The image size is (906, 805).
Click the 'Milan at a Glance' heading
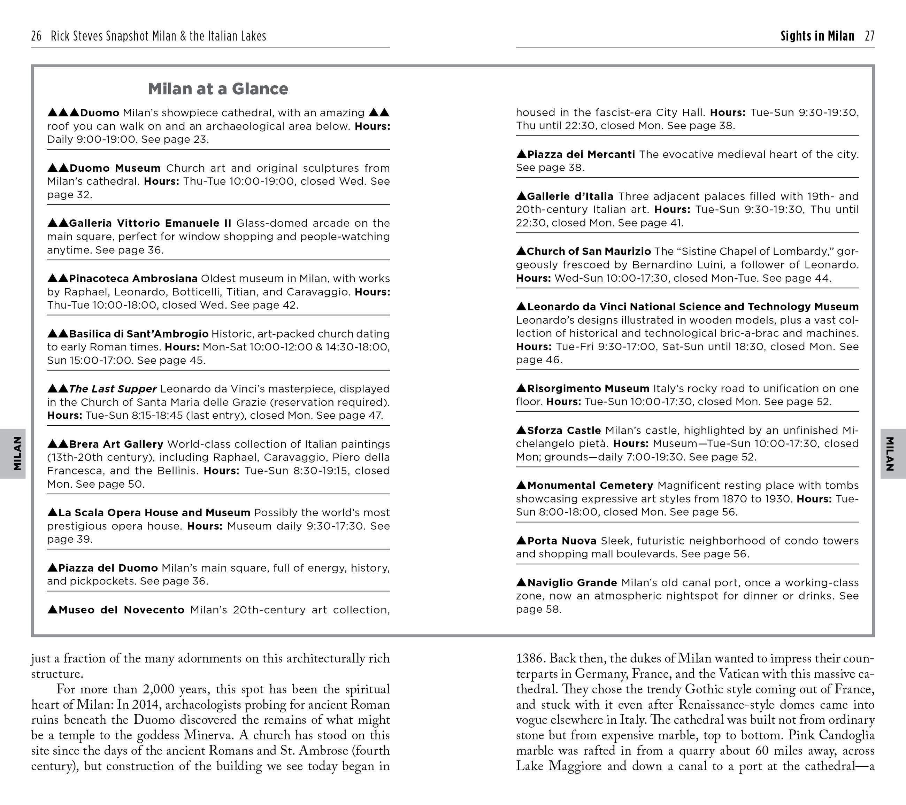(x=218, y=89)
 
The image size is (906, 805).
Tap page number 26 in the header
(x=36, y=36)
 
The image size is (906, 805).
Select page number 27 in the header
(x=869, y=36)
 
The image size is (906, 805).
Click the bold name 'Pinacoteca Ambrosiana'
(x=133, y=279)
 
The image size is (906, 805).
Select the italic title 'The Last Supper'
(x=113, y=389)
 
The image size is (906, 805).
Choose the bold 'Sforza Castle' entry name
(x=564, y=430)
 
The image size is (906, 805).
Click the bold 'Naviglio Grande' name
(x=572, y=583)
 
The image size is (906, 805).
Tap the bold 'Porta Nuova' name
(x=562, y=541)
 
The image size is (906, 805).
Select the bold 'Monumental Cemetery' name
(x=590, y=486)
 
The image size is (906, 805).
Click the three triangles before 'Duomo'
(x=63, y=113)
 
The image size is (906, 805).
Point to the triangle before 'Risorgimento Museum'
(x=521, y=388)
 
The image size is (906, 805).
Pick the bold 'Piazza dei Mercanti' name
(x=581, y=155)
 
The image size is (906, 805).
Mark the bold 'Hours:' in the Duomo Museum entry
(x=161, y=181)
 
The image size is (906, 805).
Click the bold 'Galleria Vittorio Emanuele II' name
(x=150, y=223)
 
